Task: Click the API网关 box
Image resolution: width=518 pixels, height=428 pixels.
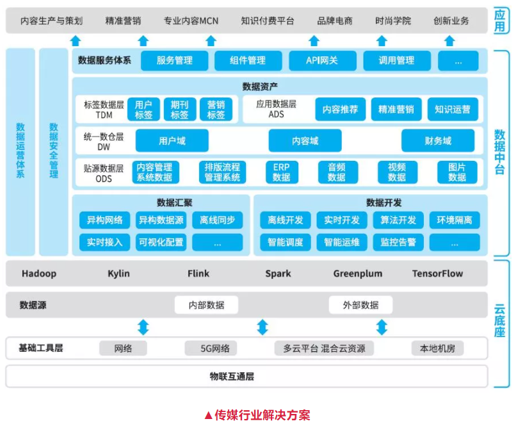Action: click(x=322, y=61)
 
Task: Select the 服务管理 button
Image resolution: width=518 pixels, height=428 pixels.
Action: click(x=174, y=61)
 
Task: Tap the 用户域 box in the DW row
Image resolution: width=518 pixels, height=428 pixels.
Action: click(x=172, y=141)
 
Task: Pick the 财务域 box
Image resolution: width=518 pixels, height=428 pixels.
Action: click(x=438, y=141)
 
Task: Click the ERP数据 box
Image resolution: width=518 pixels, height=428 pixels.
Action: click(x=282, y=172)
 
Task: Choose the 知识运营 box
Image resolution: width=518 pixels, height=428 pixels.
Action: click(x=452, y=110)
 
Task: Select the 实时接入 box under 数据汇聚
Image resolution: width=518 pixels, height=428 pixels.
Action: click(x=105, y=242)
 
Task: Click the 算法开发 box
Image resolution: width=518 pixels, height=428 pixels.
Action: click(x=398, y=220)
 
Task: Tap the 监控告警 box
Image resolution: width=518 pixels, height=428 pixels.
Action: click(x=398, y=242)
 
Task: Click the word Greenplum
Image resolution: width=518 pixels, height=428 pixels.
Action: click(x=358, y=274)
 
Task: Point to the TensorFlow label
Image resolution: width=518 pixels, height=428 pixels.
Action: click(x=437, y=274)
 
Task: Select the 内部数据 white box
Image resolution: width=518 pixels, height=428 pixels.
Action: click(x=206, y=305)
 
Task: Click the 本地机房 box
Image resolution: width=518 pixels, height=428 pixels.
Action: click(x=437, y=349)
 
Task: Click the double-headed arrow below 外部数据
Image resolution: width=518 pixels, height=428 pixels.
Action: click(x=382, y=327)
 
